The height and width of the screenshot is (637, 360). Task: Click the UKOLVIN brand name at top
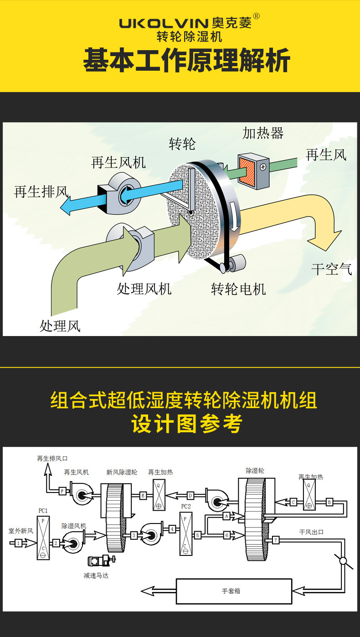tap(165, 23)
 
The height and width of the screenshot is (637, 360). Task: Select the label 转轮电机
tap(238, 289)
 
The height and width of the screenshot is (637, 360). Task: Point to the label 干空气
tap(331, 269)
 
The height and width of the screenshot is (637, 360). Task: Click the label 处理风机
tap(144, 289)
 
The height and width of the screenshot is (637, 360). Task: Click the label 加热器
tap(263, 133)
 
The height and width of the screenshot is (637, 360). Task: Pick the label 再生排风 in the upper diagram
tap(41, 192)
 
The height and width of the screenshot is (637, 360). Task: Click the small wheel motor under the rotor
tap(237, 263)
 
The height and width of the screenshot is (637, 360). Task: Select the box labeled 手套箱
tap(234, 591)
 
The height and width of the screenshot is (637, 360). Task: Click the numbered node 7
tap(276, 540)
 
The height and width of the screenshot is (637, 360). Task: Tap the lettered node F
tap(62, 491)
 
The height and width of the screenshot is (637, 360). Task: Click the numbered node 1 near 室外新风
tap(18, 543)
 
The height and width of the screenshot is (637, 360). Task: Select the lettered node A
tap(226, 516)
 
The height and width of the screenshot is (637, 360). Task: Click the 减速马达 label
tap(96, 575)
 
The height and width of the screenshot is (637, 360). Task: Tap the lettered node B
tap(329, 502)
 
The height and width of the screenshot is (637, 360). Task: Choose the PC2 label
tap(186, 507)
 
